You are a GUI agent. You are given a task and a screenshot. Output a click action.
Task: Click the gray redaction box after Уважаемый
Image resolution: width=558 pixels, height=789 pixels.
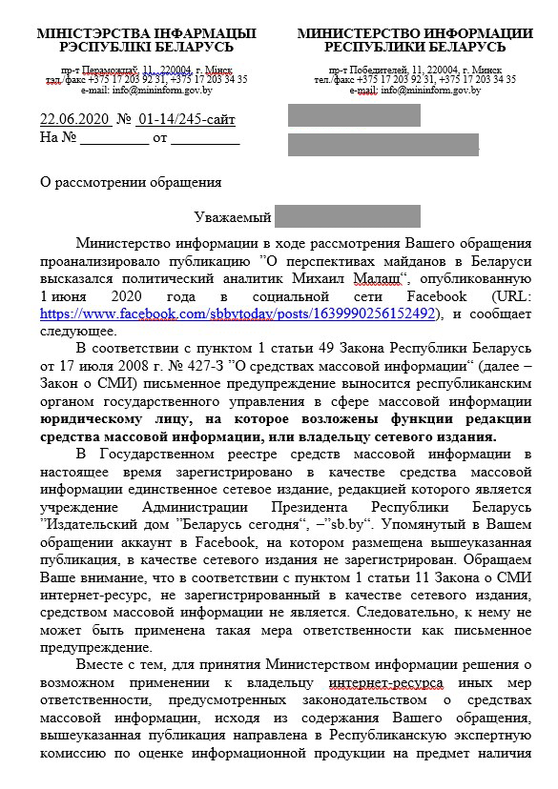click(347, 216)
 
